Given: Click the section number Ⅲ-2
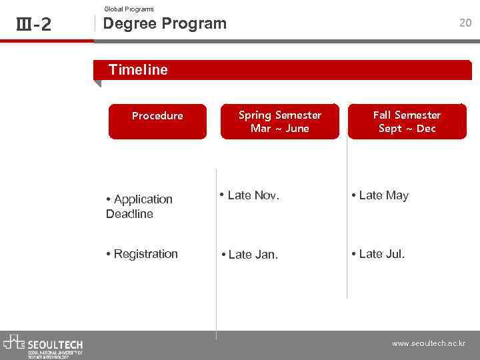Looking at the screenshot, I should pos(33,25).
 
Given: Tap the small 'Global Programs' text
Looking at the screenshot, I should pos(129,9).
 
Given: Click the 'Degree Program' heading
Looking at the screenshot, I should pos(165,23).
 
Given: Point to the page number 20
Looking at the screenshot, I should pos(465,23).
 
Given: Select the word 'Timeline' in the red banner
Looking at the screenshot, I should pos(138,69).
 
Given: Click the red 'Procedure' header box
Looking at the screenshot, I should pos(157,120).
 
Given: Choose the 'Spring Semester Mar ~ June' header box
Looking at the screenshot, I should pos(279,121).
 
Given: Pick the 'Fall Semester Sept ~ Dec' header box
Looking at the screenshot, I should pos(407,121).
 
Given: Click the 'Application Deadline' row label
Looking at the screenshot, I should pos(139,206).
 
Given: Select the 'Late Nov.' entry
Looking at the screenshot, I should pos(250,195).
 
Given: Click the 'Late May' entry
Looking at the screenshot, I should pos(380,195).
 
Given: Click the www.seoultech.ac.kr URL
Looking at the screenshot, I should pos(428,344).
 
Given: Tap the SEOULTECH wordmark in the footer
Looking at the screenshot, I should pos(55,344).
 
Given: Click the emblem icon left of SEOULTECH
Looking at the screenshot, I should pos(14,342).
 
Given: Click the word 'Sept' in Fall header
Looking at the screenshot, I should pos(390,128).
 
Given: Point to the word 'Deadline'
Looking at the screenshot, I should pos(129,214).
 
